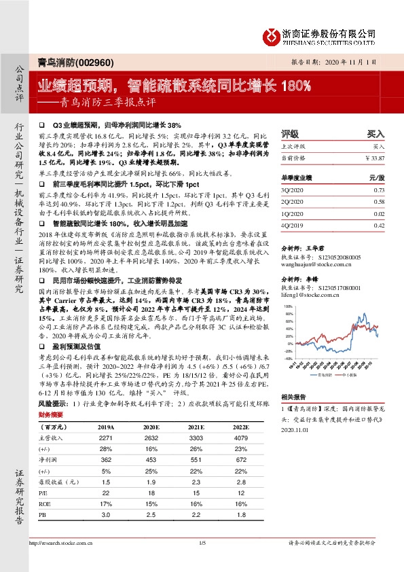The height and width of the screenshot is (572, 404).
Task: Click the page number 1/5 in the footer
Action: [202, 562]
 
